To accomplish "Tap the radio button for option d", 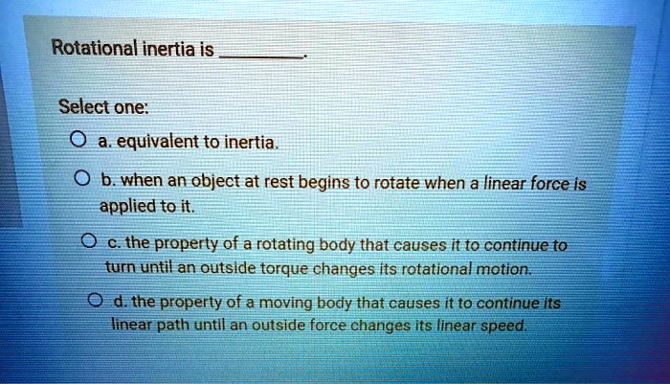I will pyautogui.click(x=93, y=303).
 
